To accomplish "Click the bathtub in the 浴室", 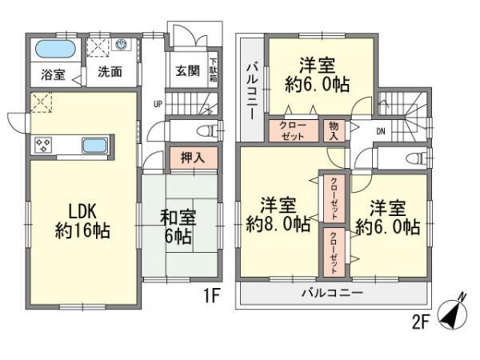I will coord(55,48).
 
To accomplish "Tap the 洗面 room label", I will coord(110,72).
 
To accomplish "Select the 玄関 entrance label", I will coord(186,70).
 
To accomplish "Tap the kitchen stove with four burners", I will coord(43,146).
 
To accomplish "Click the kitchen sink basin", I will coord(94,146).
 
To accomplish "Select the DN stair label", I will coord(381,130).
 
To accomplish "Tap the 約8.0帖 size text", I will coord(278,226).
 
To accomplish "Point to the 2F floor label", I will coord(419,323).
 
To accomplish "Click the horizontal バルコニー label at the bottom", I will coord(332,294).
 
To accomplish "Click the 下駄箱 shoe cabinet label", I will coord(214,70).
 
